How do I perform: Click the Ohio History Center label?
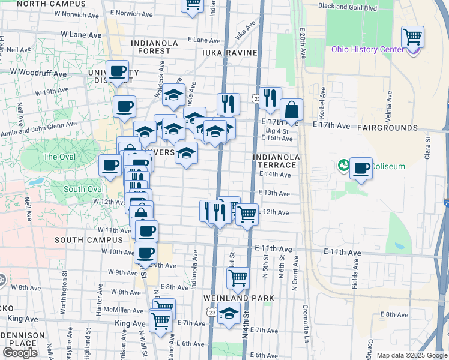pos(367,49)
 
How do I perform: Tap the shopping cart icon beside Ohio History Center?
pos(412,37)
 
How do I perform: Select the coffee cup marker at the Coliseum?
pos(361,168)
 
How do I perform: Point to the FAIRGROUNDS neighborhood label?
pos(387,128)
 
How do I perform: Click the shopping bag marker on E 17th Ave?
pos(291,110)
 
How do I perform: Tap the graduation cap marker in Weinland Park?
pos(229,313)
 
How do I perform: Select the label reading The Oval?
pos(58,157)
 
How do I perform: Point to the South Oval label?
pos(83,189)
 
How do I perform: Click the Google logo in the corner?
pos(20,353)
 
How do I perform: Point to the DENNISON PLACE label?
pos(23,339)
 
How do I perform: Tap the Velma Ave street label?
pos(389,101)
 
